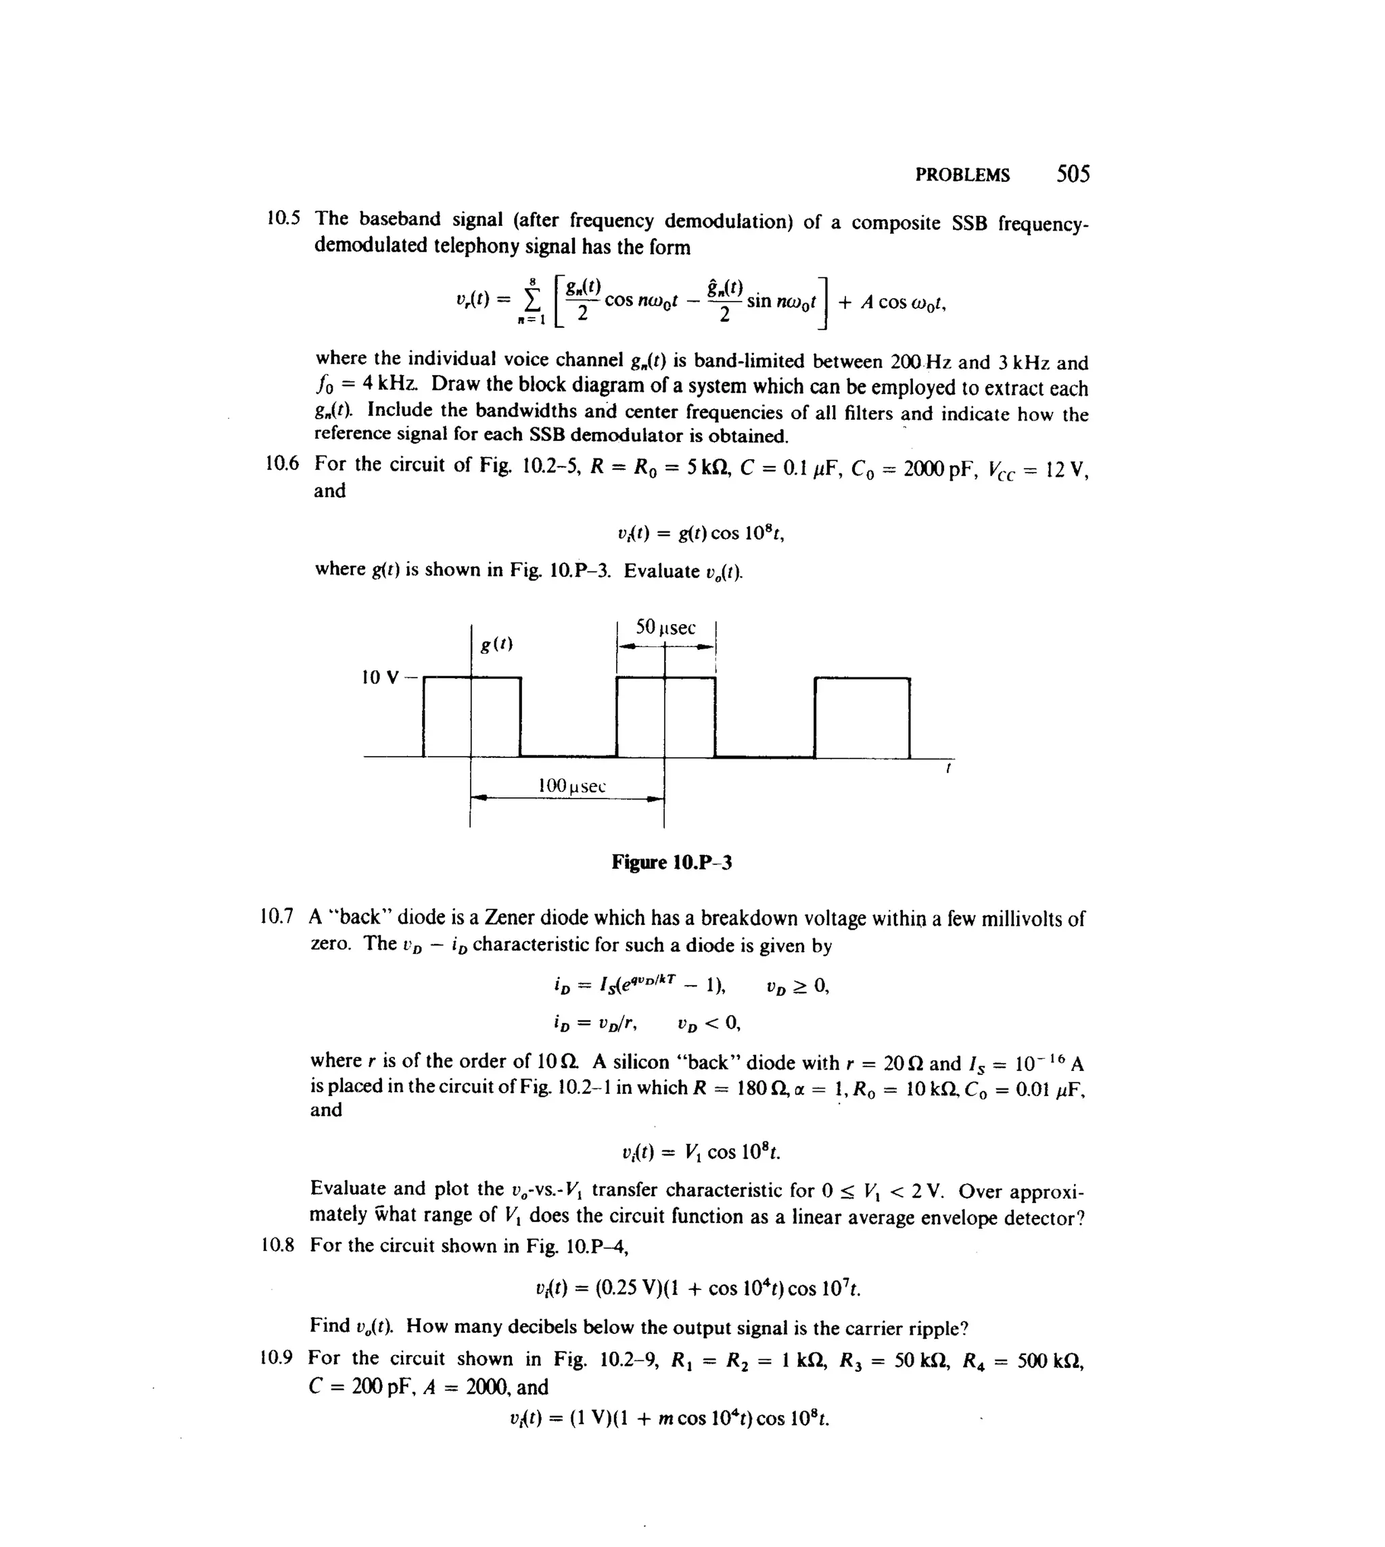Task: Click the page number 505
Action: click(1073, 174)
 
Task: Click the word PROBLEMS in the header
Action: click(962, 176)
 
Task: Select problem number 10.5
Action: click(283, 218)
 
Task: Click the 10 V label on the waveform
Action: click(380, 677)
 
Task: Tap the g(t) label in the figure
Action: click(496, 644)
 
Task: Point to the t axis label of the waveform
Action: click(947, 769)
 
